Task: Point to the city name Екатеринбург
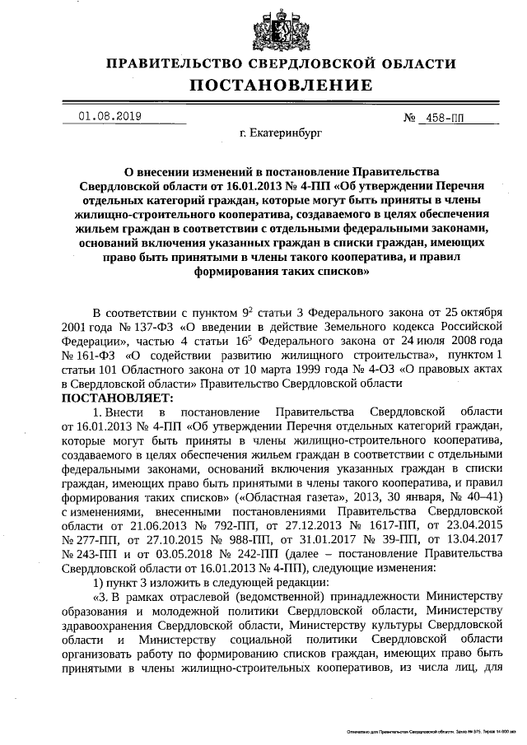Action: coord(281,131)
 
